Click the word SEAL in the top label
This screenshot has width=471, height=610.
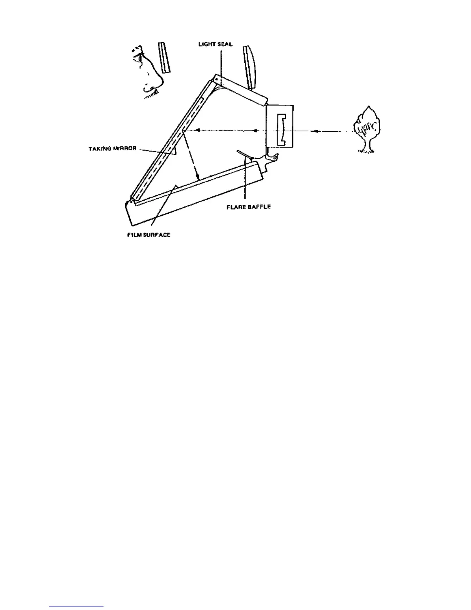click(225, 44)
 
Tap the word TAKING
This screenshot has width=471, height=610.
click(100, 149)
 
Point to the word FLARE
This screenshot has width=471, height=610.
click(234, 207)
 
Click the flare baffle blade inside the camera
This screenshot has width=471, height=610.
click(244, 154)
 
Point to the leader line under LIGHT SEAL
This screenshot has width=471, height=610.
click(221, 62)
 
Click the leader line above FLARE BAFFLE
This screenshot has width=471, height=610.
click(245, 181)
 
